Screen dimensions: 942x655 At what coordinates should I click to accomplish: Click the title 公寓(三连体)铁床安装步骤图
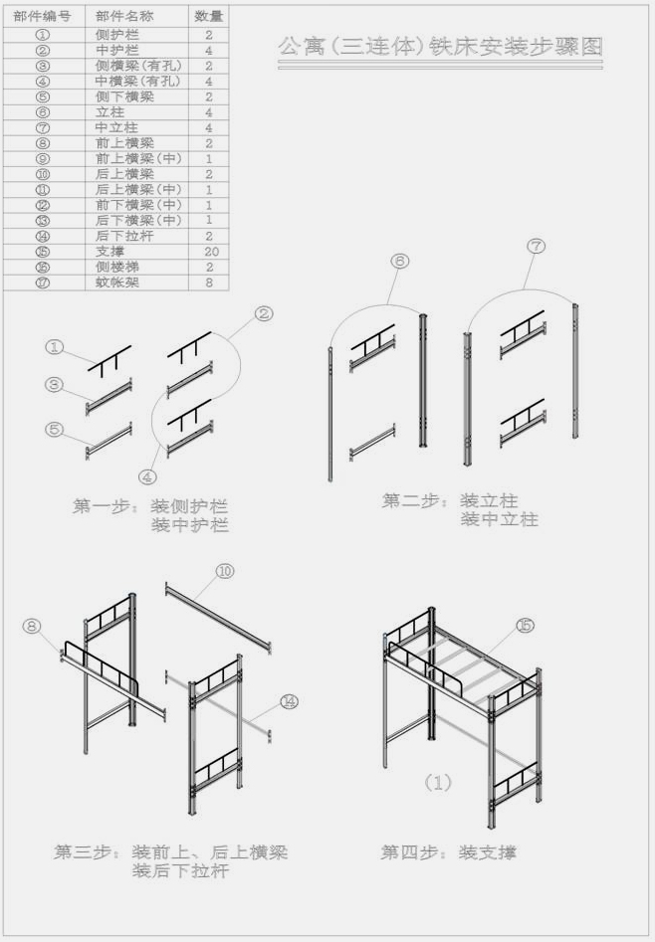coord(441,47)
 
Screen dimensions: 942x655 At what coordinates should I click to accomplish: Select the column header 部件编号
coord(42,17)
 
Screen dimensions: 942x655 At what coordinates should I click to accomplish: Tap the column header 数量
coord(209,17)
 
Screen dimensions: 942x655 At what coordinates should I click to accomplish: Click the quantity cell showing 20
coord(209,252)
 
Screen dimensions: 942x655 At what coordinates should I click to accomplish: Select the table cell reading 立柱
coord(110,112)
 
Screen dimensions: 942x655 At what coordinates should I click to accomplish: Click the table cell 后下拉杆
coord(117,236)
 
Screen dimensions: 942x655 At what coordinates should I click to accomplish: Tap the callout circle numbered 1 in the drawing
coord(56,347)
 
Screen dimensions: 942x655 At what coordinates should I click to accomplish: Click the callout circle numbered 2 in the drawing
coord(264,314)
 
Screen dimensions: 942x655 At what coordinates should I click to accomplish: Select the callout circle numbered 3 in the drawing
coord(56,384)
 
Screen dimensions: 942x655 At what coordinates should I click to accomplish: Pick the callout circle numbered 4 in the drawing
coord(147,476)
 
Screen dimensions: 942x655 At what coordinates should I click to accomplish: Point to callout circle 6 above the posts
coord(400,262)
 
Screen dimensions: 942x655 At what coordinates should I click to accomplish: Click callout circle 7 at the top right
coord(536,247)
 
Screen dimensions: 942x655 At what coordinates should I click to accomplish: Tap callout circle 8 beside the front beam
coord(32,626)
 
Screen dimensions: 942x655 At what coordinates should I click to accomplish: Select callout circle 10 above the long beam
coord(224,571)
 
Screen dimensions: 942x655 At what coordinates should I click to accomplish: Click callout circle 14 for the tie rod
coord(289,702)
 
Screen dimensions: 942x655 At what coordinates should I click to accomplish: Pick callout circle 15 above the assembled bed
coord(524,625)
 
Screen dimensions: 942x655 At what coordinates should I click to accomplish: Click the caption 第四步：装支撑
coord(448,852)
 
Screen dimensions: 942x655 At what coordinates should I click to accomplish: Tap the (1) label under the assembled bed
coord(438,783)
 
